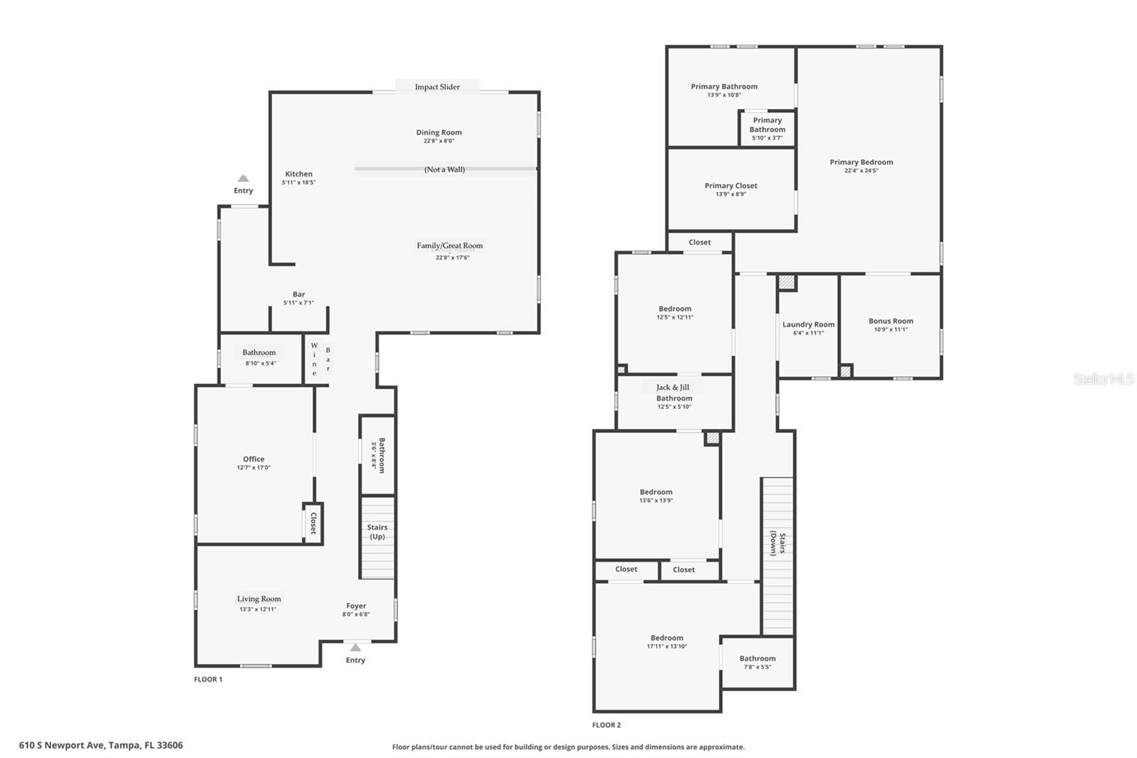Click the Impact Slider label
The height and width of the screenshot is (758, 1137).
click(x=437, y=87)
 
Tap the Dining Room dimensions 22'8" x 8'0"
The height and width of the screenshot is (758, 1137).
click(x=438, y=141)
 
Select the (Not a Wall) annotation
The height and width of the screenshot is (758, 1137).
click(x=445, y=169)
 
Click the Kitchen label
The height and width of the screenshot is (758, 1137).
click(x=298, y=174)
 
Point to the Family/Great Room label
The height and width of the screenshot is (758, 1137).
click(x=449, y=245)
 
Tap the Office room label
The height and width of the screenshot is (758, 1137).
click(x=254, y=459)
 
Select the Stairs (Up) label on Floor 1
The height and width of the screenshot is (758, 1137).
click(x=377, y=531)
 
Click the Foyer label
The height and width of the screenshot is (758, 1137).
click(x=356, y=606)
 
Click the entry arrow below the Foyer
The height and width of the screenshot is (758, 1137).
click(x=355, y=647)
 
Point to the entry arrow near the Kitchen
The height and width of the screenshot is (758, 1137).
click(x=243, y=178)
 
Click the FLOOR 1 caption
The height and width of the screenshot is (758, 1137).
click(x=208, y=679)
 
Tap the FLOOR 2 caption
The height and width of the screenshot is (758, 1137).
click(x=606, y=725)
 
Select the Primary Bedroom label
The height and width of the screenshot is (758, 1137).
click(x=861, y=162)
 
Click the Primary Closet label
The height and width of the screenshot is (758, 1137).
click(x=731, y=186)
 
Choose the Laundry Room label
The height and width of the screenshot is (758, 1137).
click(x=808, y=324)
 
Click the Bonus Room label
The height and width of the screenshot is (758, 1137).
click(x=890, y=321)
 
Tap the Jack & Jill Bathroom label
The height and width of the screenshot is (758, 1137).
click(x=673, y=393)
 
